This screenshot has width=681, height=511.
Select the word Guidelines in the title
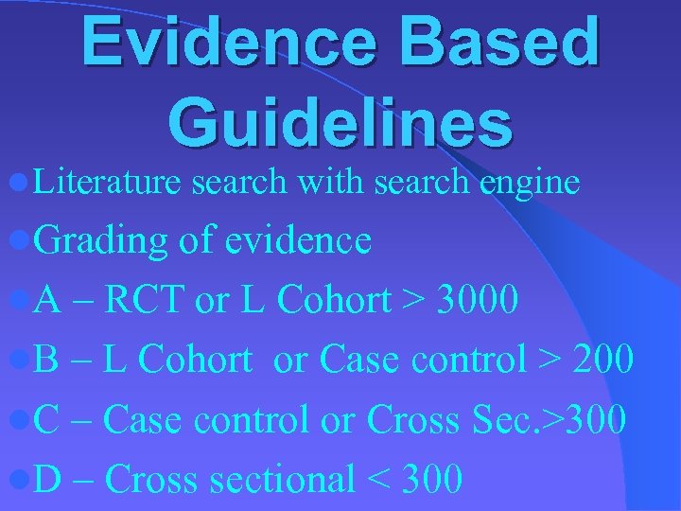click(340, 123)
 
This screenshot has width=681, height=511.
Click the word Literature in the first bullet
click(106, 181)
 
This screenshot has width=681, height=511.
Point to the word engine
click(529, 183)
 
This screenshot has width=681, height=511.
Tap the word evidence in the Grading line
click(298, 240)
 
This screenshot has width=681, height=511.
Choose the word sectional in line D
click(282, 479)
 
